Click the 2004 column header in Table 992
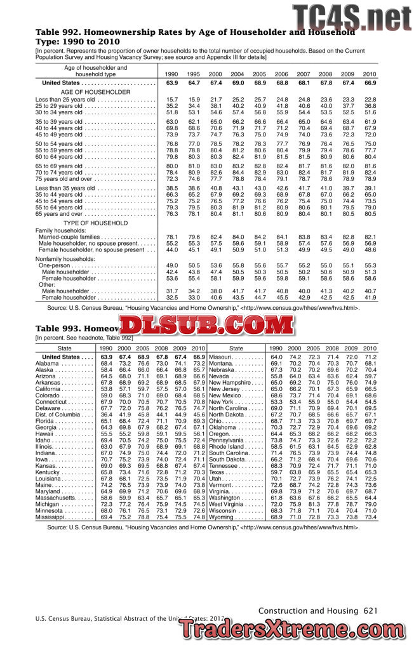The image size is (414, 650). [x=237, y=74]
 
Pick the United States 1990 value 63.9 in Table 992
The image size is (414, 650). [x=171, y=83]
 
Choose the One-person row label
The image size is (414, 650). [x=57, y=265]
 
